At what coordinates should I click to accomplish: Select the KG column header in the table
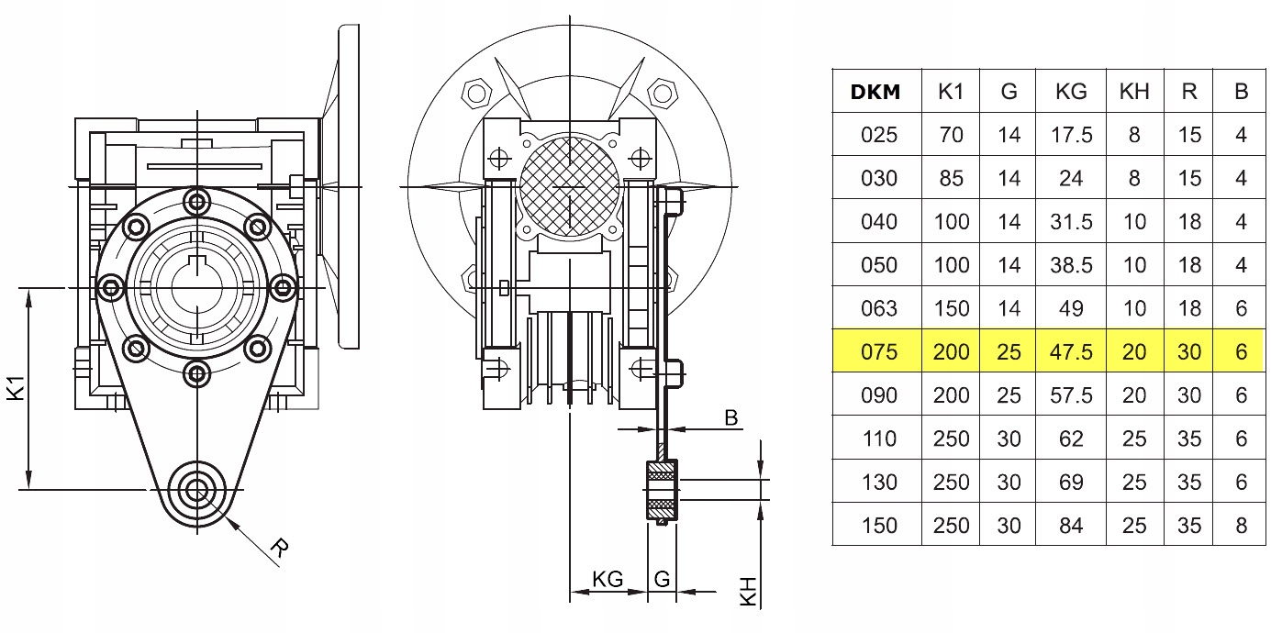click(x=1071, y=91)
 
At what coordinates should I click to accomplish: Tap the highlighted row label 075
click(x=879, y=352)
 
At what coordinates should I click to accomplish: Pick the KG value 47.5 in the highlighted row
click(x=1071, y=352)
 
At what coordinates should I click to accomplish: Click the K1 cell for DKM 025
click(x=952, y=135)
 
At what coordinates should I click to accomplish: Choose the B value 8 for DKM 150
click(x=1241, y=526)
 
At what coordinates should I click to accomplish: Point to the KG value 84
click(x=1071, y=526)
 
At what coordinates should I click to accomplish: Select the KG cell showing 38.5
click(x=1071, y=265)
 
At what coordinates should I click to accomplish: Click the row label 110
click(x=879, y=439)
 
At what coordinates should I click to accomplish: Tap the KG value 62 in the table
click(x=1071, y=439)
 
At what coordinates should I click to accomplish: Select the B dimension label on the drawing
click(x=731, y=418)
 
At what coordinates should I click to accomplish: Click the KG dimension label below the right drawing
click(x=608, y=579)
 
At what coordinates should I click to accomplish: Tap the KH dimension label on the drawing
click(x=749, y=591)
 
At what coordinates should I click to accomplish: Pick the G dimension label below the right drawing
click(x=662, y=579)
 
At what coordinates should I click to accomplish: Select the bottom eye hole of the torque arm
click(x=195, y=489)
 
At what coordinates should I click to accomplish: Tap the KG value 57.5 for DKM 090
click(x=1071, y=395)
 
